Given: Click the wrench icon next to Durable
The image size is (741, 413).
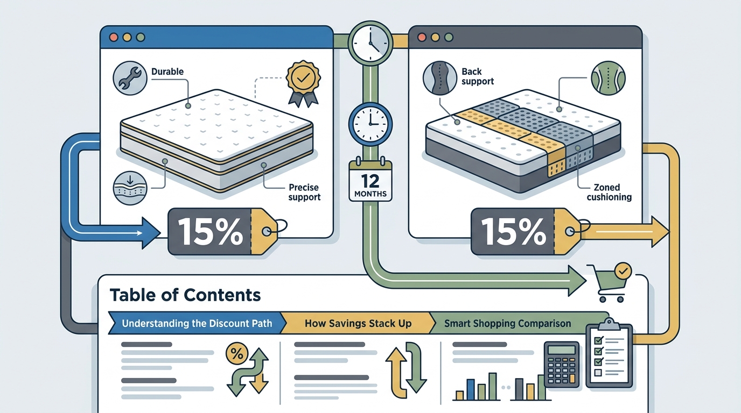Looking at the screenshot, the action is pos(130,79).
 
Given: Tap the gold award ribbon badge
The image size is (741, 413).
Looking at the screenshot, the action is pos(303,84).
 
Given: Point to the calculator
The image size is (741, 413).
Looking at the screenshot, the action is pos(562,365).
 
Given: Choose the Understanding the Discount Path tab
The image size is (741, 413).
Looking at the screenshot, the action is pos(197,323).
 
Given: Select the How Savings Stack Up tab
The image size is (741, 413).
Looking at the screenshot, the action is pos(358,323).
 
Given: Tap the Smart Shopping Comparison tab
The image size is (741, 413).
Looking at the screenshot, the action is pos(507,323).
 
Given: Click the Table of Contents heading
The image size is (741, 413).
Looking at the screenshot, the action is pos(185,295).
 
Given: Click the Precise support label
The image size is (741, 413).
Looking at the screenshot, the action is pos(304,192).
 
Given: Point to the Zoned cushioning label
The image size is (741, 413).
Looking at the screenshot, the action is pos(609,192).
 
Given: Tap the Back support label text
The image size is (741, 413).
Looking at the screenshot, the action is pos(478,76).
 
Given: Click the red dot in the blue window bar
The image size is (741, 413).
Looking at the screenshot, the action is pos(114,37).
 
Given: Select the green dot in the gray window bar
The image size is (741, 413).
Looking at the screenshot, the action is pos(449,37).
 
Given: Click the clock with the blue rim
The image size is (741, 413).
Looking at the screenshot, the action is pos(370,124).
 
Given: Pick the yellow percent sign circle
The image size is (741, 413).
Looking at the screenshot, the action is pos(237,353).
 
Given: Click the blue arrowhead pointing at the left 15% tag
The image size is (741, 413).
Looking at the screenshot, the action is pos(151,233).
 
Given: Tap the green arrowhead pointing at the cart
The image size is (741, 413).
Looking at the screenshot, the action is pos(577,281).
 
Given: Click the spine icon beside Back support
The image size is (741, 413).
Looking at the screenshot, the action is pos(440,79).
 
